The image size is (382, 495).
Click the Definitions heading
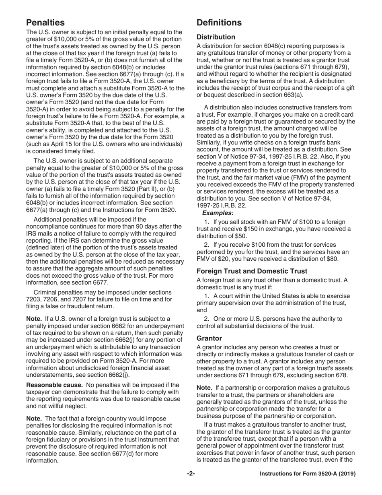tap(219, 22)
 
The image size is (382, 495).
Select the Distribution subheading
tap(216, 37)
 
